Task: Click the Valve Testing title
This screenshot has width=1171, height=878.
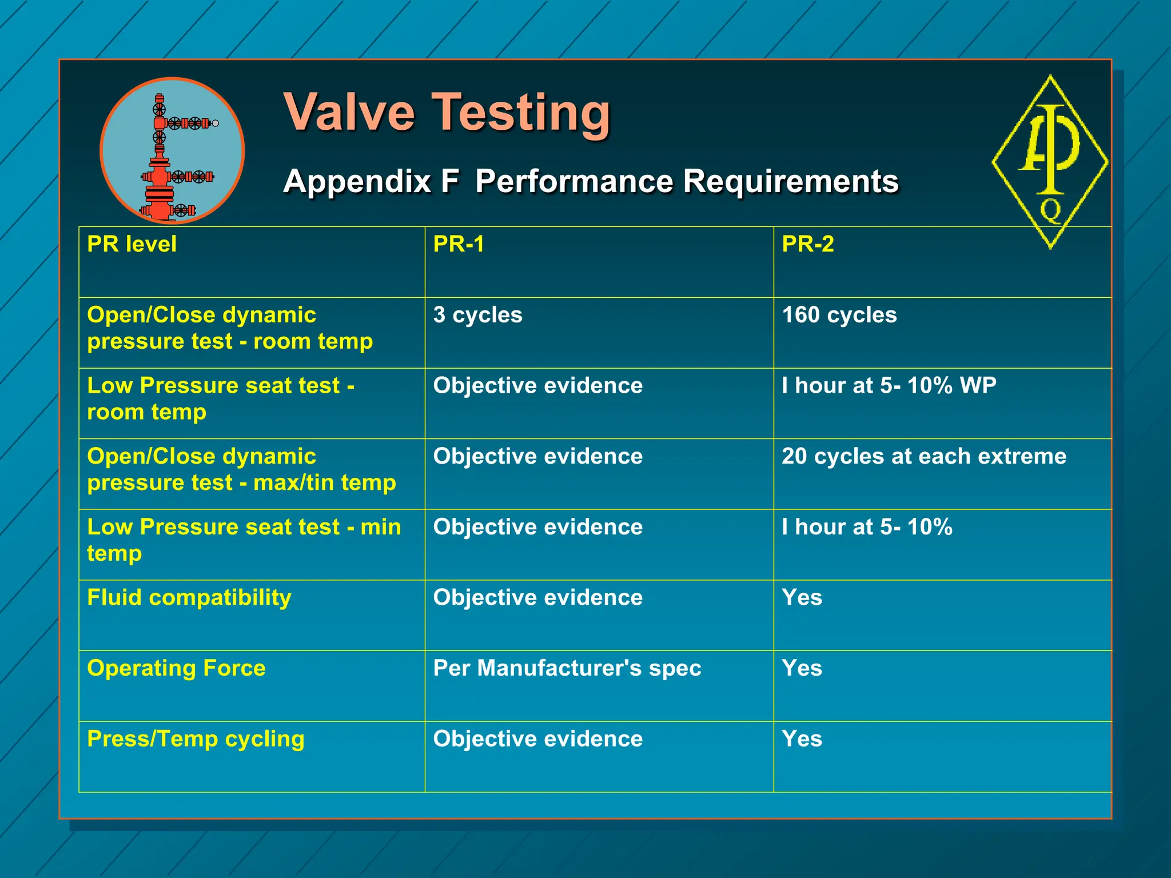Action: [x=447, y=112]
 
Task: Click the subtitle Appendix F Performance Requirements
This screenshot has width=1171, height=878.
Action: [x=591, y=181]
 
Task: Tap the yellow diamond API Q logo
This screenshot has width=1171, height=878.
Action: [x=1050, y=162]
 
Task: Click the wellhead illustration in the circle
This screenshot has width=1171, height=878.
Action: [x=172, y=151]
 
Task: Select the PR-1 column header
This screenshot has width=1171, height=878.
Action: [x=459, y=245]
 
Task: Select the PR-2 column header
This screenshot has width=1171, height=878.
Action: [x=807, y=245]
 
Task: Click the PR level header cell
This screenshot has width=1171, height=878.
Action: [x=132, y=245]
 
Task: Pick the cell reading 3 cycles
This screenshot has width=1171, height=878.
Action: [x=477, y=315]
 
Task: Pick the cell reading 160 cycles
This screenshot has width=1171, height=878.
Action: [x=839, y=315]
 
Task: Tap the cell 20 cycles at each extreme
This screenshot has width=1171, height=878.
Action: [x=923, y=456]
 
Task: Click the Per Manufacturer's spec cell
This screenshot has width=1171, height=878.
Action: [x=567, y=668]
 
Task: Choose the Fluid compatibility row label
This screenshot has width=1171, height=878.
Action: [x=189, y=597]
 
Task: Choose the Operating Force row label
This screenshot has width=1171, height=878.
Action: [x=176, y=668]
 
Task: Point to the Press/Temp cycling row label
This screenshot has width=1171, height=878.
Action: [x=196, y=739]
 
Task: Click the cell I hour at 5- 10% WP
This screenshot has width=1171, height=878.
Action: [x=889, y=386]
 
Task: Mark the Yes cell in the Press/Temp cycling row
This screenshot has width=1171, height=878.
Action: [x=802, y=739]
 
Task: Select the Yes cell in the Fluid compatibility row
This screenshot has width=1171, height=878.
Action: [x=802, y=597]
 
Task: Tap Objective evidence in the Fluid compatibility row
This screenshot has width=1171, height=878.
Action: [x=537, y=597]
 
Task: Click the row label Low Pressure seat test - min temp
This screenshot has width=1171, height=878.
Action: [x=244, y=540]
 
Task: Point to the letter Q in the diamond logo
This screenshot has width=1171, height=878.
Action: [x=1050, y=210]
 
